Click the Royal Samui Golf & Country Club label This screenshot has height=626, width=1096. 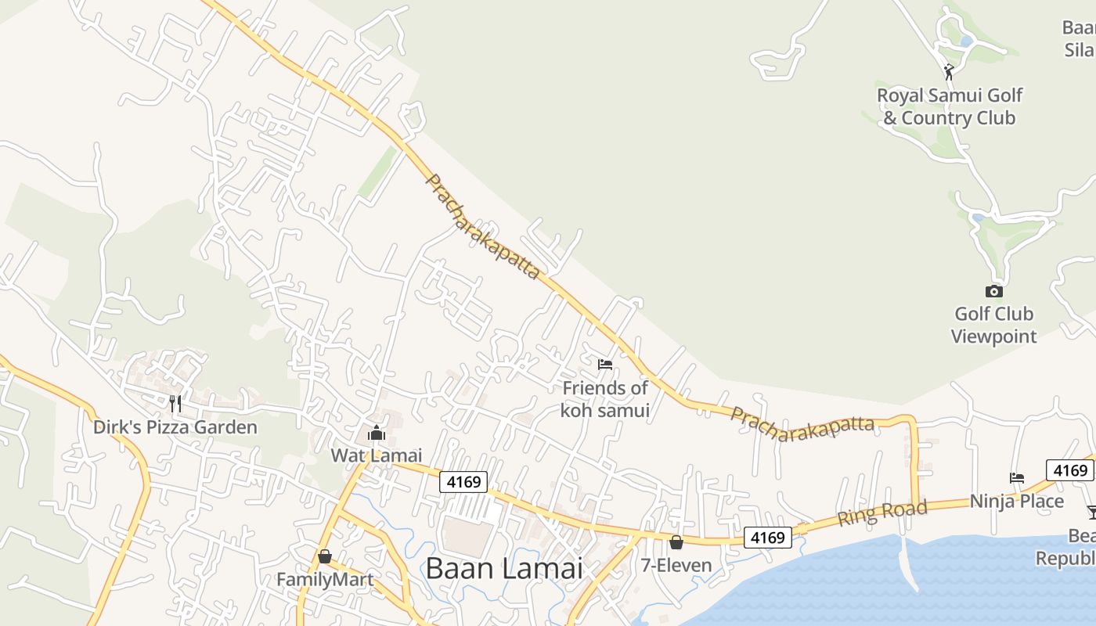point(949,106)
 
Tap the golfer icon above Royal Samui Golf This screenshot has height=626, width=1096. point(949,72)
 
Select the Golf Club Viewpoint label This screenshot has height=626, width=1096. point(993,325)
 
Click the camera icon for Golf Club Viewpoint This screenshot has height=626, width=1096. point(993,291)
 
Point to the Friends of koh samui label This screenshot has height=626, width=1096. point(605,399)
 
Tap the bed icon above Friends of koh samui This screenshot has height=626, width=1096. point(604,364)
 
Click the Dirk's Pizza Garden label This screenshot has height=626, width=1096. point(175,427)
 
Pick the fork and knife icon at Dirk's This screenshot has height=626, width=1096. point(175,403)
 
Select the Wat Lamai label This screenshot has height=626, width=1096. point(377,455)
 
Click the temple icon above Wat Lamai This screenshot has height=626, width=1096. point(377,433)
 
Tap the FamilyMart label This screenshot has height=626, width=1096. point(325,580)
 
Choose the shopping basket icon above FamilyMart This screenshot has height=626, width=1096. point(325,556)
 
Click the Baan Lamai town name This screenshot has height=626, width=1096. point(504,568)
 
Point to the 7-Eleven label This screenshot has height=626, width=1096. point(676,565)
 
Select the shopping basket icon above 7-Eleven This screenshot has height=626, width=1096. point(676,541)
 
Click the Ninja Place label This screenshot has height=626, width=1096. point(1017,501)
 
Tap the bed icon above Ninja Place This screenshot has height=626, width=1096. point(1017,477)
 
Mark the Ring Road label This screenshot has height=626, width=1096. point(882,513)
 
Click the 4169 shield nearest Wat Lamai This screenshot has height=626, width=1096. point(463,482)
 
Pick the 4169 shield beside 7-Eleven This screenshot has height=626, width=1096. point(767,538)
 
